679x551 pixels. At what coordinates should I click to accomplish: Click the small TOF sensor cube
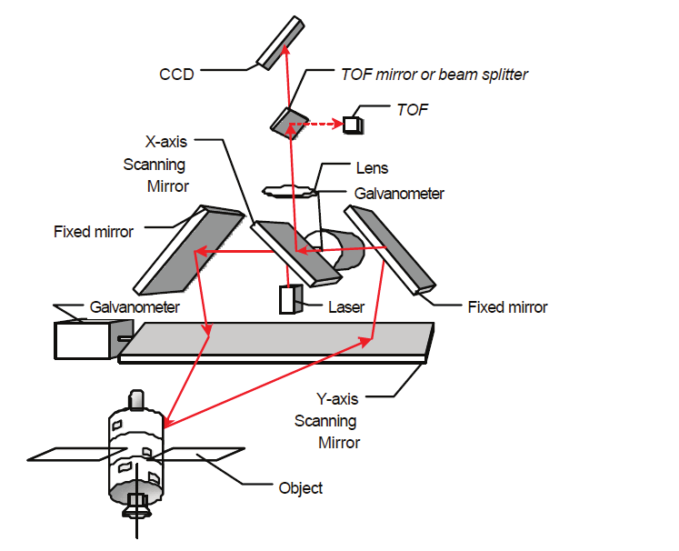(x=352, y=125)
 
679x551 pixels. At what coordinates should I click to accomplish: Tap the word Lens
(x=372, y=168)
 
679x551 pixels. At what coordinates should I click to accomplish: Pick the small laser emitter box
(x=290, y=300)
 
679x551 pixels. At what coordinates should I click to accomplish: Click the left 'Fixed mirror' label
(x=94, y=232)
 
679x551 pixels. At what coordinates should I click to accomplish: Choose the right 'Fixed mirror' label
(x=507, y=307)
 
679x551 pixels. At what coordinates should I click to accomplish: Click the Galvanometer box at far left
(x=83, y=340)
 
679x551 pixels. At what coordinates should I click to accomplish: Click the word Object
(x=300, y=488)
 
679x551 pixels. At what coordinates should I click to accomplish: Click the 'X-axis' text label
(x=167, y=143)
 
